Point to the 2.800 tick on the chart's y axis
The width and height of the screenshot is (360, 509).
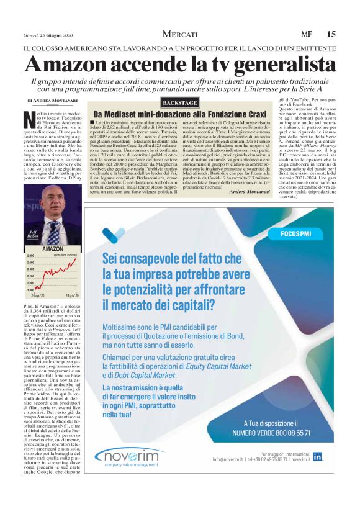coord(30,256)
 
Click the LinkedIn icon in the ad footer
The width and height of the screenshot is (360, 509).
coord(318,456)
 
